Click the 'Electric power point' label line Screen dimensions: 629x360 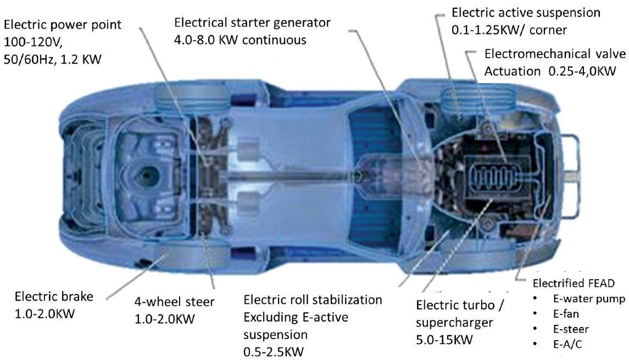63,25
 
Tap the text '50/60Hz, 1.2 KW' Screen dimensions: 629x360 53,59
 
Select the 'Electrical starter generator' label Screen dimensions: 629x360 252,23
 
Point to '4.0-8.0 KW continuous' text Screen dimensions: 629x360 240,40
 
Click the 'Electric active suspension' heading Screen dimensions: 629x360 526,13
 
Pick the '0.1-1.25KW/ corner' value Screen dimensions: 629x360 509,30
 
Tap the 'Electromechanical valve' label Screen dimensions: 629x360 555,54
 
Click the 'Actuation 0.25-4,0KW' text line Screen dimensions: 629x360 550,71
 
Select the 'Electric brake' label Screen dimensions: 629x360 54,297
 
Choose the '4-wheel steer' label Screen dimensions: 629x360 174,302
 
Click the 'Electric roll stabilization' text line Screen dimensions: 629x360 313,300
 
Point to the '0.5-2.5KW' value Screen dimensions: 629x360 273,352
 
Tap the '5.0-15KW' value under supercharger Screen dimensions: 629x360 444,340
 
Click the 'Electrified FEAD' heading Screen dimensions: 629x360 573,284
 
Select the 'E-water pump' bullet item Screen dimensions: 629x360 589,299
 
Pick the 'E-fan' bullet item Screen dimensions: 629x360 566,314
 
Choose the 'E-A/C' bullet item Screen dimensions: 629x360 567,345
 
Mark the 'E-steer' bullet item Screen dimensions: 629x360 570,329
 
